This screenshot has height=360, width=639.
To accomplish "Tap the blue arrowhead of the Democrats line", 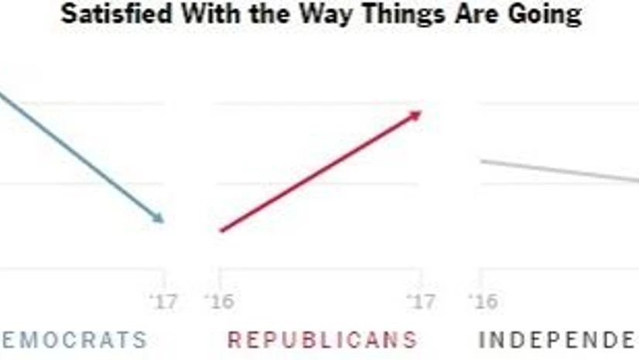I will point(159,219).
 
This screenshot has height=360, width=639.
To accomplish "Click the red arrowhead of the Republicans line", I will point(416,115).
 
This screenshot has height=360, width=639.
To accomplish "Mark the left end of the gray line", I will point(481,160).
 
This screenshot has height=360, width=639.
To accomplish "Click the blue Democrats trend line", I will point(77,155).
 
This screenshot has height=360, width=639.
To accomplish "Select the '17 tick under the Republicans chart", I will point(422,300).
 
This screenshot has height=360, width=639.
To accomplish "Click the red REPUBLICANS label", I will point(322,339).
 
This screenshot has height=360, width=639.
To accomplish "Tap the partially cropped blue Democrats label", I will point(73,339).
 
